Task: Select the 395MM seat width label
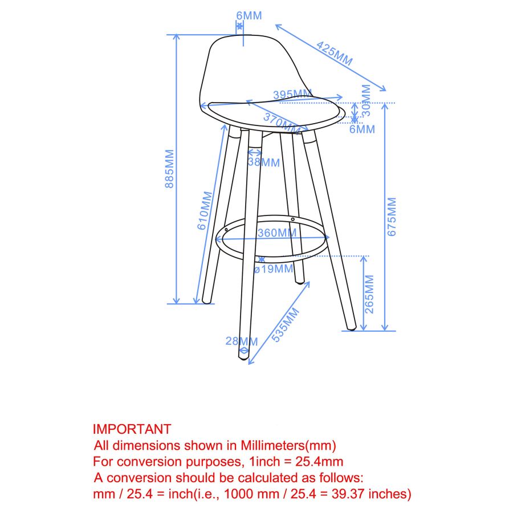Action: [x=292, y=95]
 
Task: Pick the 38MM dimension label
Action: [x=264, y=162]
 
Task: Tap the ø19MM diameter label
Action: [x=273, y=269]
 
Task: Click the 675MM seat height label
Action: [x=392, y=217]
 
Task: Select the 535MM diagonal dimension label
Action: [x=286, y=325]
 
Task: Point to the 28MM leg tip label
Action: [x=242, y=341]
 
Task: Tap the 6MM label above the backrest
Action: [x=249, y=15]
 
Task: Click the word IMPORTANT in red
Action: [x=132, y=429]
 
